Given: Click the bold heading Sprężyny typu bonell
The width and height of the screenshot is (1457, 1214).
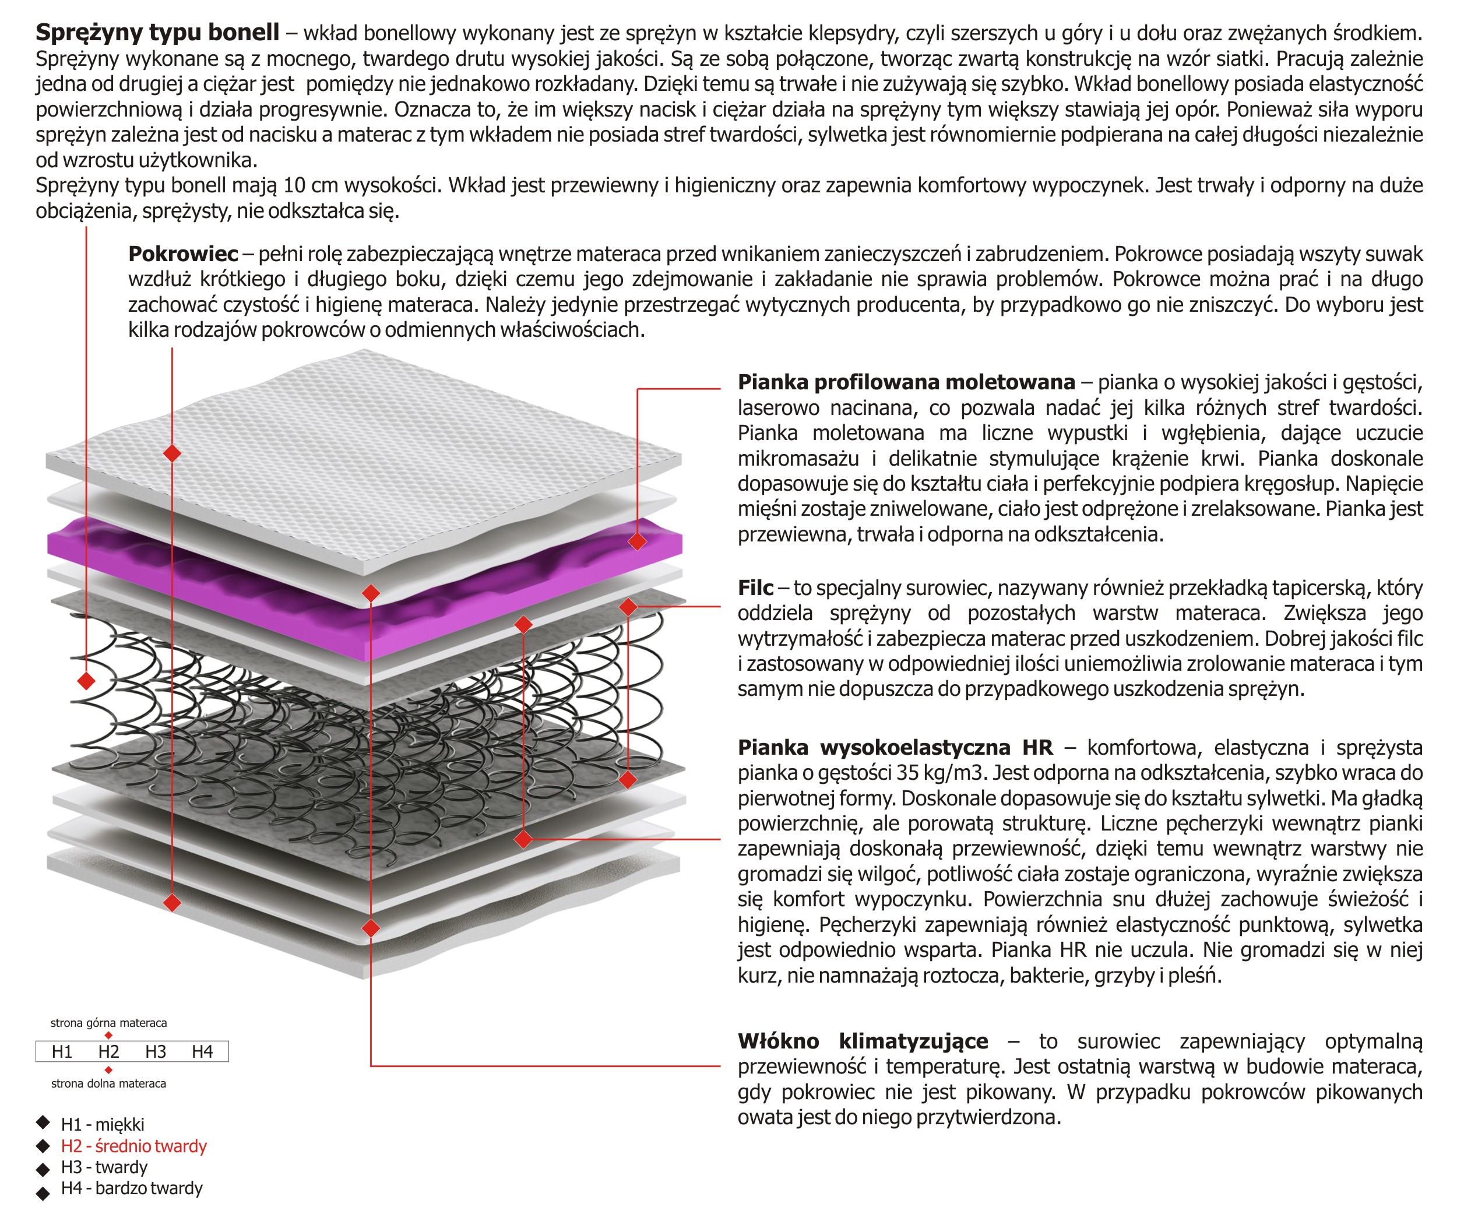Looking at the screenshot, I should click(157, 32).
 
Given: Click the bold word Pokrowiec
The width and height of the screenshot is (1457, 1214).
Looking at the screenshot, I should click(183, 254).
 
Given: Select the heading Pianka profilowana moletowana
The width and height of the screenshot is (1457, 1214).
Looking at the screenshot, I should click(906, 382).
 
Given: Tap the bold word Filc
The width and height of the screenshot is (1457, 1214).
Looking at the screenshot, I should click(755, 587).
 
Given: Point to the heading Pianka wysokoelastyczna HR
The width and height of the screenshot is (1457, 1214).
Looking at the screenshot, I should click(895, 747).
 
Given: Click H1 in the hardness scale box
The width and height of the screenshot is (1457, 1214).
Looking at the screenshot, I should click(62, 1051).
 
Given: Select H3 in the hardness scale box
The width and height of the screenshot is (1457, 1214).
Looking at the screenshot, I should click(156, 1051).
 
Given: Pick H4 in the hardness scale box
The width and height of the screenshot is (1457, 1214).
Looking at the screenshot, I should click(202, 1051).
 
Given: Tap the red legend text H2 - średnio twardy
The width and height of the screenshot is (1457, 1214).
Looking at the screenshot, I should click(134, 1146).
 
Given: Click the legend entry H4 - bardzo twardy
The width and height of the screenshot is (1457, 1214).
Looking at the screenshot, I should click(132, 1188).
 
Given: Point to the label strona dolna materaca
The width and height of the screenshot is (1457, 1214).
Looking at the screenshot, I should click(109, 1083).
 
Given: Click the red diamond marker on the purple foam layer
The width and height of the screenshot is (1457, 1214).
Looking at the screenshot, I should click(637, 541).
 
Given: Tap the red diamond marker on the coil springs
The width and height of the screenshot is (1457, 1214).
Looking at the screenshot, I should click(86, 681).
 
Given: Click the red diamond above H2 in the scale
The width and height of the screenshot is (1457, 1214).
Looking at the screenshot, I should click(108, 1036).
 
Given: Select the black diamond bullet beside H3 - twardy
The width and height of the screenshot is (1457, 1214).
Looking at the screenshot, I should click(43, 1169).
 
